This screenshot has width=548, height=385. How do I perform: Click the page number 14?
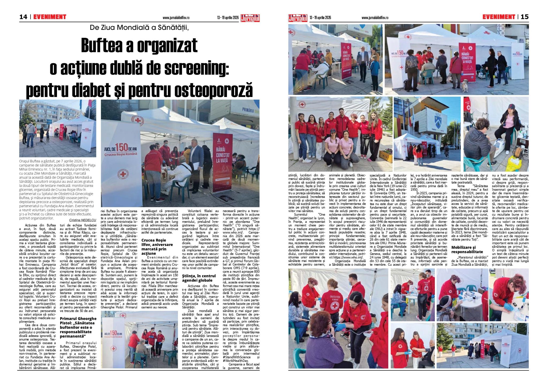pyautogui.click(x=23, y=17)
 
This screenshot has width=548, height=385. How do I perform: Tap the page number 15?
pyautogui.click(x=524, y=17)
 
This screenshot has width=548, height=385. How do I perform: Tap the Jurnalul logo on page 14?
pyautogui.click(x=250, y=18)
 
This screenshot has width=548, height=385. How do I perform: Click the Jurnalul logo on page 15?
pyautogui.click(x=298, y=18)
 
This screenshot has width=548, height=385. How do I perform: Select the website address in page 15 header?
pyautogui.click(x=375, y=18)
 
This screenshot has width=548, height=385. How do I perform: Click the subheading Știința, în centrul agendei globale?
pyautogui.click(x=199, y=278)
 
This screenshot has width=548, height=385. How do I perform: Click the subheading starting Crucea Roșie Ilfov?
pyautogui.click(x=157, y=246)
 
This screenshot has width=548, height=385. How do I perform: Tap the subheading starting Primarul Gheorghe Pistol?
pyautogui.click(x=78, y=327)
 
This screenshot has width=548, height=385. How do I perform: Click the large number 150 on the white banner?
pyautogui.click(x=122, y=147)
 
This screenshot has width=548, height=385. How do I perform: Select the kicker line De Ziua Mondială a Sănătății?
pyautogui.click(x=139, y=28)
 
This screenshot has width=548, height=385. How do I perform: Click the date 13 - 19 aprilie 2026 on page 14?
pyautogui.click(x=228, y=18)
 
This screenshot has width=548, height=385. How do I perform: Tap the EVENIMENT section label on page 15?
pyautogui.click(x=499, y=17)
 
